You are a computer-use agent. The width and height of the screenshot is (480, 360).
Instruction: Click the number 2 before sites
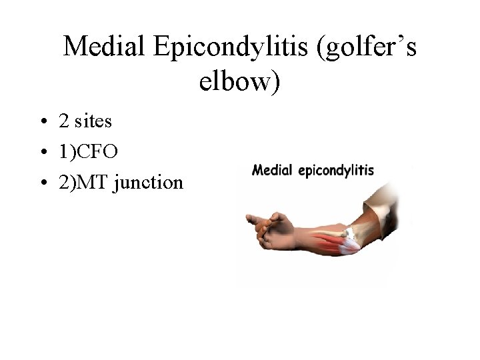64,121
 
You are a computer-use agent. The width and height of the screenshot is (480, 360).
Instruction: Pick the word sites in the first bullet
93,121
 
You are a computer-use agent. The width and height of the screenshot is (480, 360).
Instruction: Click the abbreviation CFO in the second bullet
97,152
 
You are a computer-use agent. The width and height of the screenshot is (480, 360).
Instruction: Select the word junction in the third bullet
149,183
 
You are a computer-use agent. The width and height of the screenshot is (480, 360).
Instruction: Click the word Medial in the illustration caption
271,170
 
